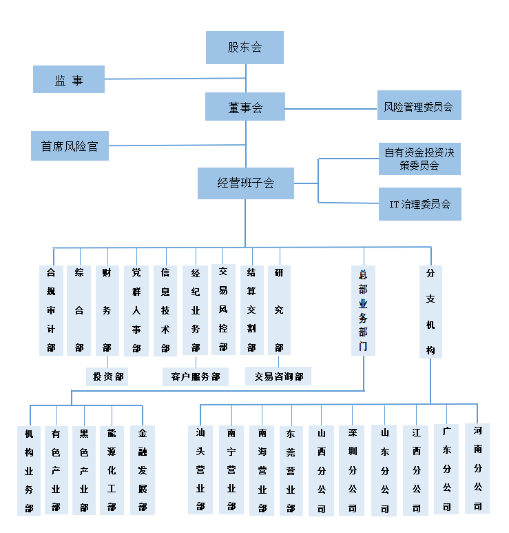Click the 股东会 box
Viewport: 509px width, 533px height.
245,48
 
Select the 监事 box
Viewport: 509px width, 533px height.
69,79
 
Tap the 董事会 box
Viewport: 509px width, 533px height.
245,107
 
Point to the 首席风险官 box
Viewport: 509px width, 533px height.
70,145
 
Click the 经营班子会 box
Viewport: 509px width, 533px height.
246,183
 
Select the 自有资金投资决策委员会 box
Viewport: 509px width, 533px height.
419,159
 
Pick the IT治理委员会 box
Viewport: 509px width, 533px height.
419,204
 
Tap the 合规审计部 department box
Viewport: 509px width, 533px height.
51,310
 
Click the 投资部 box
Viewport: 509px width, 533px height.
107,376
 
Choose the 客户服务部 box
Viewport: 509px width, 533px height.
196,376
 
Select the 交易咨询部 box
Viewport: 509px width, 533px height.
278,376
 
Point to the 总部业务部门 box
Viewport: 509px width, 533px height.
363,310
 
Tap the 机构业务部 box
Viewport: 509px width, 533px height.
29,470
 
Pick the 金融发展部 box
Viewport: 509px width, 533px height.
143,470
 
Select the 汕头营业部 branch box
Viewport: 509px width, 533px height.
200,470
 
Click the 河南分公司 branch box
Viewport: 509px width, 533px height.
477,468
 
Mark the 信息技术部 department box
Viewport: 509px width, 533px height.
165,310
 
